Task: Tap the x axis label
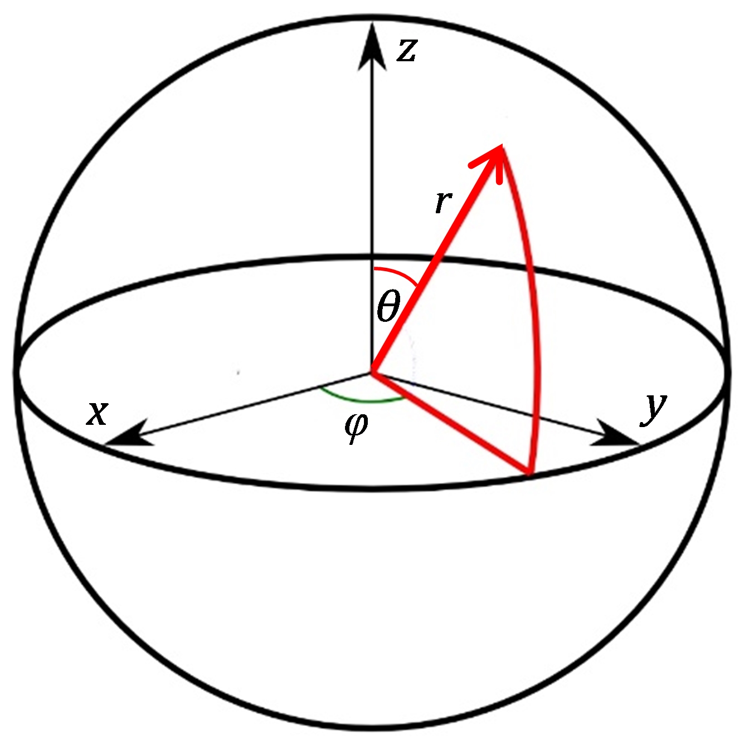click(97, 413)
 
